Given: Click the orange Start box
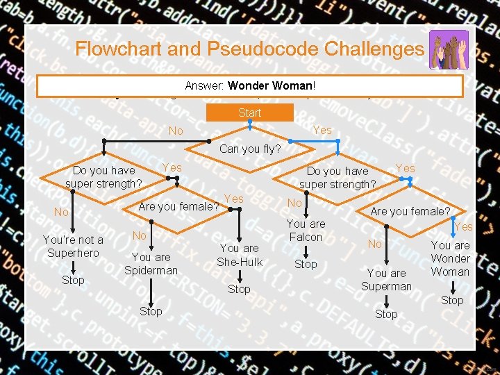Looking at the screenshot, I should pyautogui.click(x=249, y=112).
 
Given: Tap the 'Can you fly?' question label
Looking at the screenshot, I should pyautogui.click(x=250, y=149).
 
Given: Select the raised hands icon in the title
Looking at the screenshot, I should pyautogui.click(x=449, y=49).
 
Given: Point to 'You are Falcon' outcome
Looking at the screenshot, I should pyautogui.click(x=306, y=231).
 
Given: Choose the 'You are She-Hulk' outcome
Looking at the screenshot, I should pyautogui.click(x=239, y=255).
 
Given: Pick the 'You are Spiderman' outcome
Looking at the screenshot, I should pyautogui.click(x=151, y=264).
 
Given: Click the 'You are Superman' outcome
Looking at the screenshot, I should pyautogui.click(x=386, y=280).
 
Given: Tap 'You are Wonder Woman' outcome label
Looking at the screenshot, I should pyautogui.click(x=450, y=258).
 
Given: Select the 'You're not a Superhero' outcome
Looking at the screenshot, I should pyautogui.click(x=73, y=247).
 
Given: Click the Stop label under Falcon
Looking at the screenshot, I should pyautogui.click(x=306, y=265).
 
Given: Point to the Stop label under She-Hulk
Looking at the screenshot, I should pyautogui.click(x=239, y=289).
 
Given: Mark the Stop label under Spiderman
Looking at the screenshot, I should pyautogui.click(x=151, y=311).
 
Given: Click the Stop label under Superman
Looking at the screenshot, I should pyautogui.click(x=386, y=314).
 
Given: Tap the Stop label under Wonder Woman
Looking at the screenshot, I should pyautogui.click(x=452, y=300).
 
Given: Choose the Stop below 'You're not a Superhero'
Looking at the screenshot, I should pyautogui.click(x=73, y=281).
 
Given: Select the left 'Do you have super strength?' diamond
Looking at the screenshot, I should pyautogui.click(x=103, y=177).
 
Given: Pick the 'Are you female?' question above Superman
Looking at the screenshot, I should pyautogui.click(x=410, y=211).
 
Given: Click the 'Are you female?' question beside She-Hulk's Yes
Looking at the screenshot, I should pyautogui.click(x=179, y=206).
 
